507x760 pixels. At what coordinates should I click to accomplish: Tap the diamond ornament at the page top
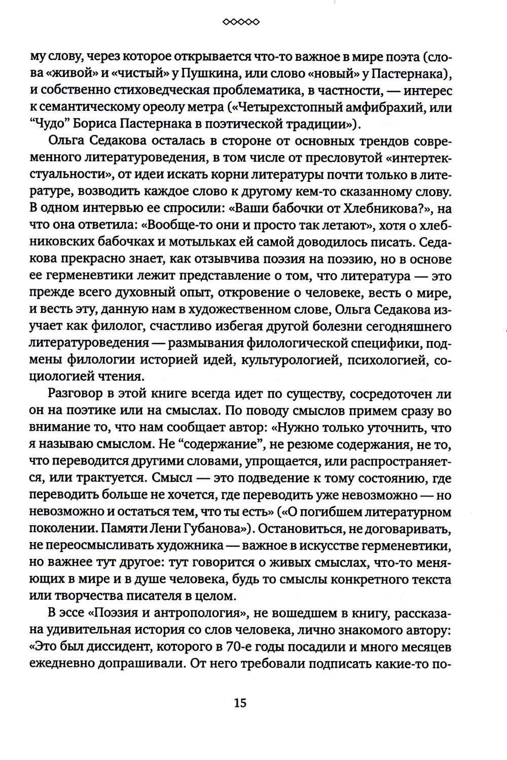click(241, 22)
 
